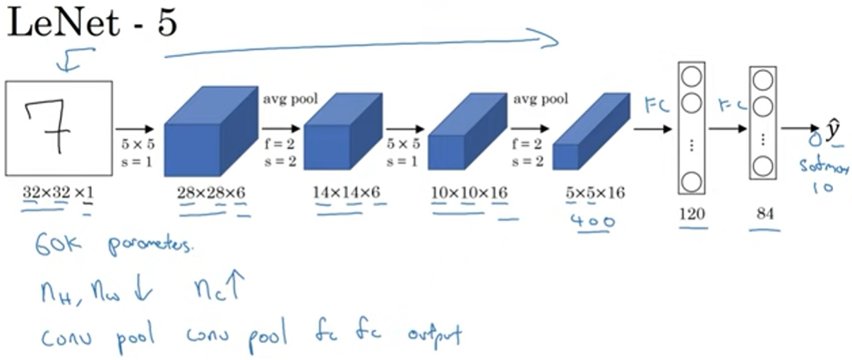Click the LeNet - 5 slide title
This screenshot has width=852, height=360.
coord(92,26)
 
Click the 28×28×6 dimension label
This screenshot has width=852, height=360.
coord(210,192)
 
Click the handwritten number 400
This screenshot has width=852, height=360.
coord(592,221)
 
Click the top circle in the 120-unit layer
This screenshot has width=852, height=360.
coord(691,75)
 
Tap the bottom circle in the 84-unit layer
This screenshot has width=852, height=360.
coord(762,167)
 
